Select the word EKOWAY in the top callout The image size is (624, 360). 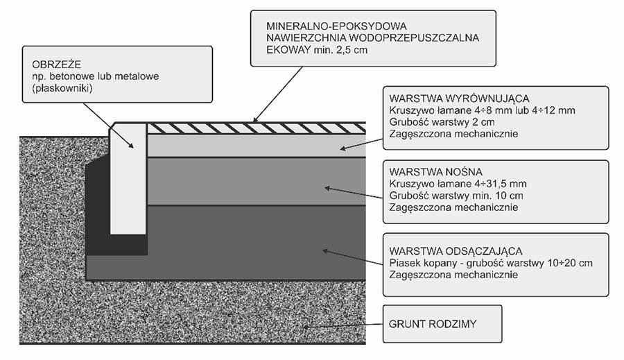(288, 51)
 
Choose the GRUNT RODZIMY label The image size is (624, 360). (426, 324)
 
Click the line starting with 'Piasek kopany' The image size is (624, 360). (489, 262)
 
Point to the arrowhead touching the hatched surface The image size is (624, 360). (256, 120)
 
